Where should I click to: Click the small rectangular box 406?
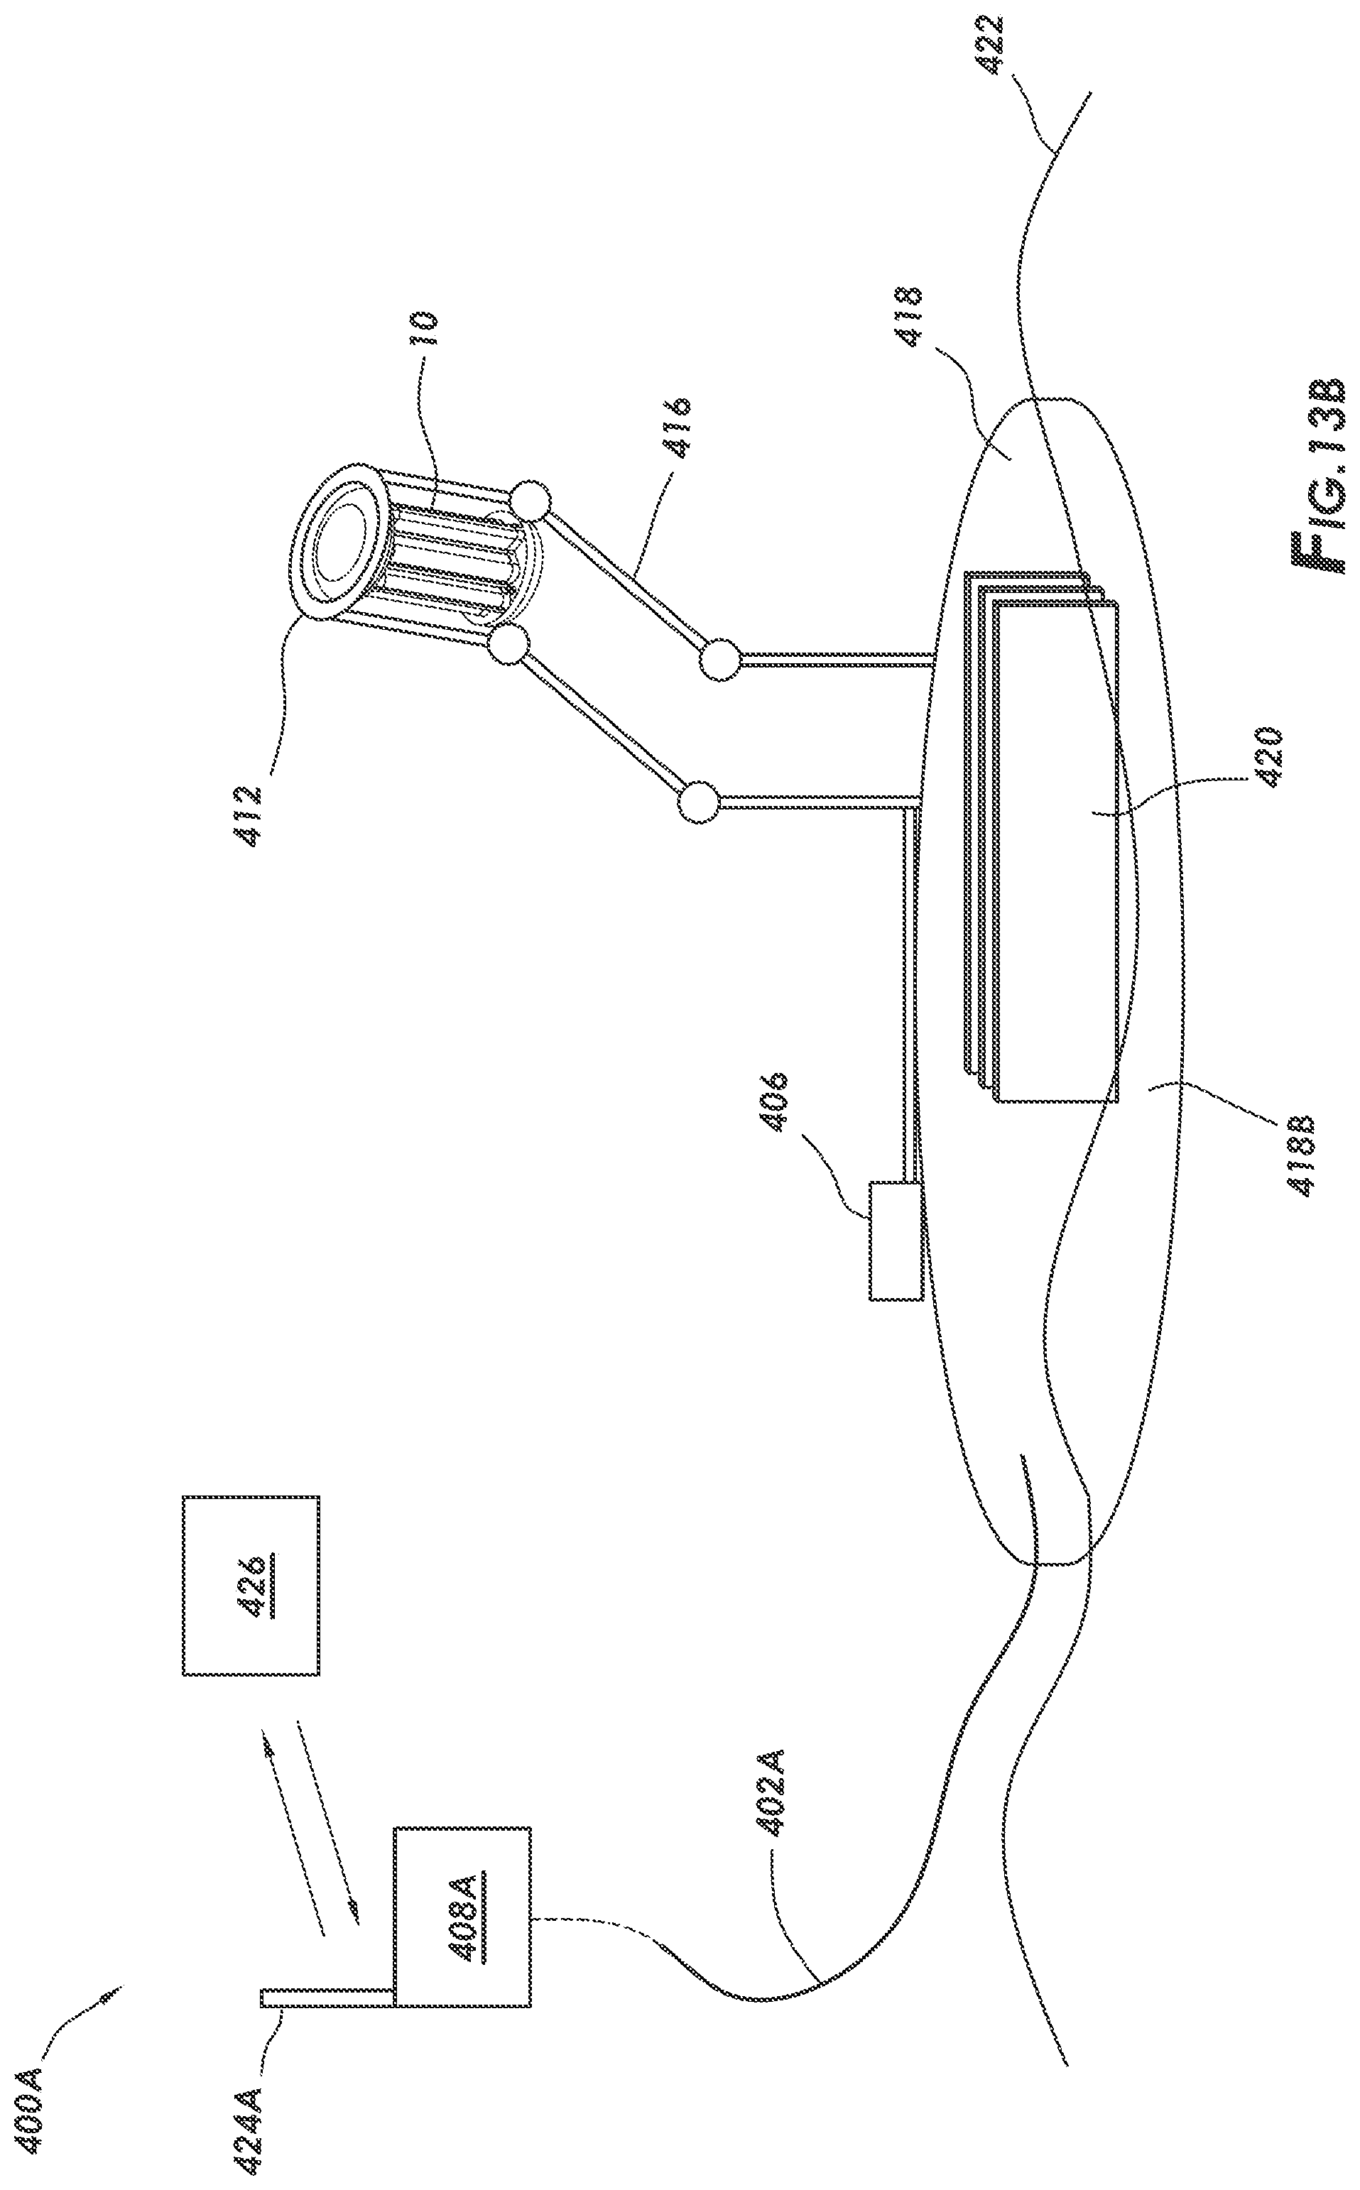896,1241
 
